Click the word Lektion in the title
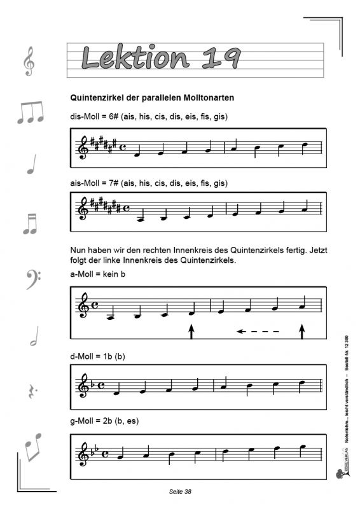pyautogui.click(x=135, y=58)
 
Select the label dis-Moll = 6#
pyautogui.click(x=91, y=117)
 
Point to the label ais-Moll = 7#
pyautogui.click(x=91, y=183)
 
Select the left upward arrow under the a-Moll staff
pyautogui.click(x=191, y=331)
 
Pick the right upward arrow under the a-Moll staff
pyautogui.click(x=302, y=331)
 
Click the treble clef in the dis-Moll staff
pyautogui.click(x=83, y=148)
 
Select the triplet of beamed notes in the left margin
pyautogui.click(x=30, y=112)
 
